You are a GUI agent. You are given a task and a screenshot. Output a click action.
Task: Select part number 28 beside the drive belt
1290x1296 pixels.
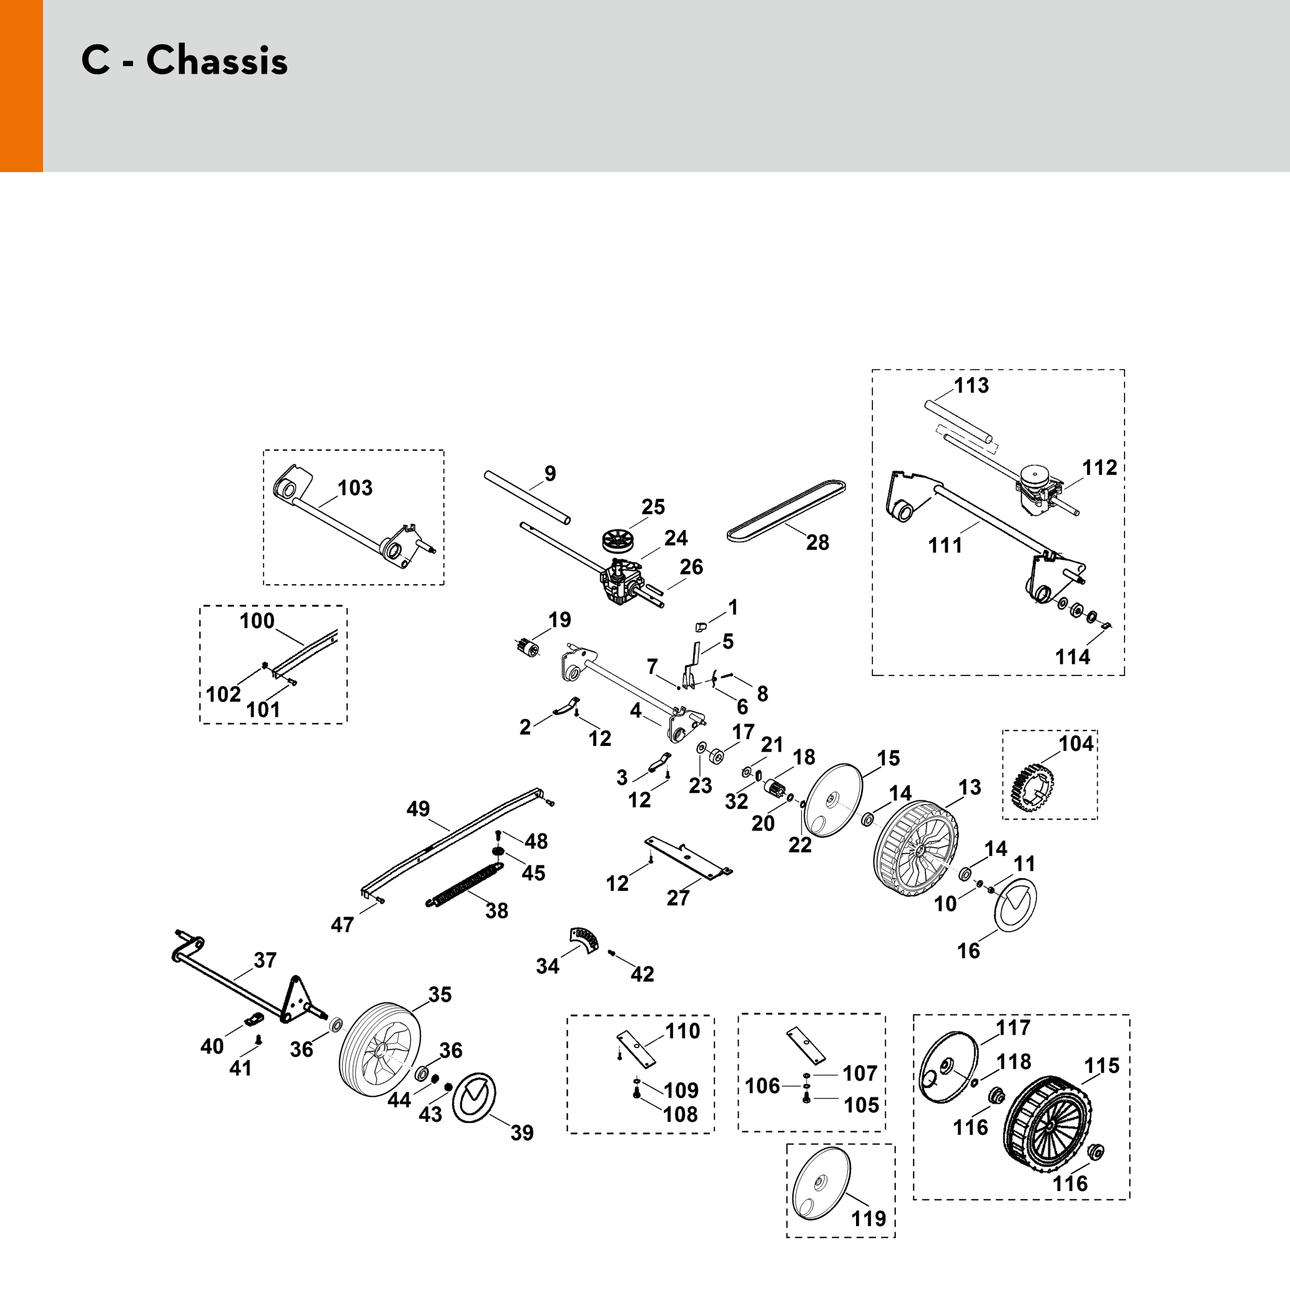(x=817, y=542)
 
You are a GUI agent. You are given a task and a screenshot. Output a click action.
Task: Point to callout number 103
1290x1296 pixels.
(x=355, y=488)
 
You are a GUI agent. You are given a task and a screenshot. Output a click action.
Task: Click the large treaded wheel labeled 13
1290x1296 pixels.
(x=917, y=848)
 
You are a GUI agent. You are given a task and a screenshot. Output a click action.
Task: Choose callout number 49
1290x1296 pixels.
(x=418, y=809)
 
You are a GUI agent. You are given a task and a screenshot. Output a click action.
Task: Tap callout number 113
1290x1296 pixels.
(x=972, y=386)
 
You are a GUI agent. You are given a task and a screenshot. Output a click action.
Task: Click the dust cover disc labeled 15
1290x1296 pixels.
(x=832, y=800)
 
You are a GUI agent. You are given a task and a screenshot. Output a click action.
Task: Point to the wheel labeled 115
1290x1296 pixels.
(x=1051, y=1134)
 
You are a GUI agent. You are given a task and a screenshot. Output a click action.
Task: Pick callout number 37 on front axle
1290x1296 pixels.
(x=265, y=960)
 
